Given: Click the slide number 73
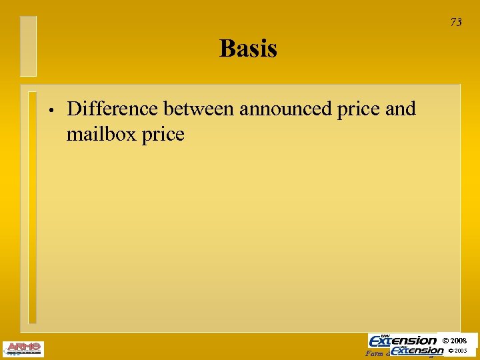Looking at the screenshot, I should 456,22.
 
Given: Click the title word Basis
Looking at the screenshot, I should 248,49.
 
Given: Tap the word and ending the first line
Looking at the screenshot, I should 400,108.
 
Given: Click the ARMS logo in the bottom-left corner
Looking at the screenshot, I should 23,349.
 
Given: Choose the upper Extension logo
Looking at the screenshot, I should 403,340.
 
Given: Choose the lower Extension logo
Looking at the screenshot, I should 418,350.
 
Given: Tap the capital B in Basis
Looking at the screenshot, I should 227,49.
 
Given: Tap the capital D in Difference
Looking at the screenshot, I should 75,108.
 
